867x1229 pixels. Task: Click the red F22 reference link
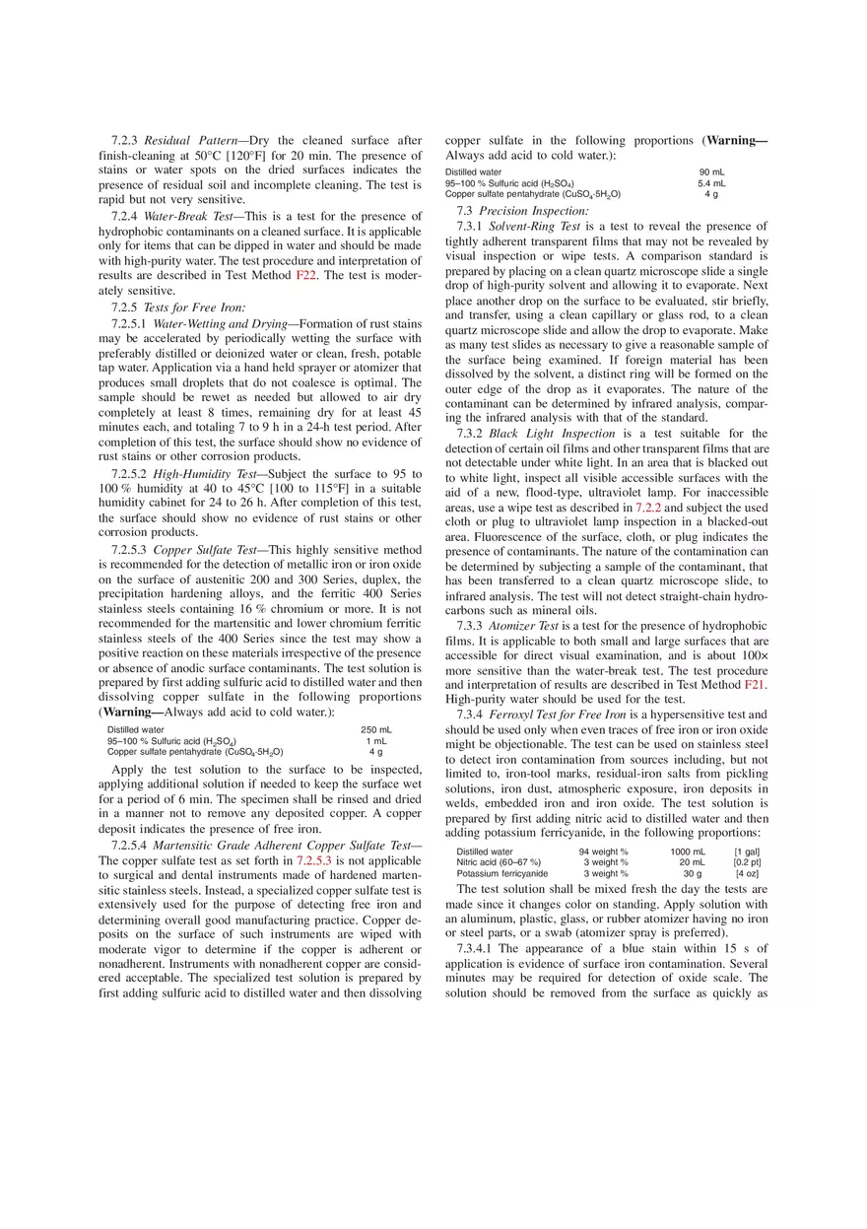[x=306, y=275]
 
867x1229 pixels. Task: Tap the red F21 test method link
[x=755, y=684]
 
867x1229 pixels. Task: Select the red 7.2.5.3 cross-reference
[x=314, y=860]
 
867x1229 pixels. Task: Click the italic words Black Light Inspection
[x=552, y=434]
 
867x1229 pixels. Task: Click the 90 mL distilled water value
[x=712, y=172]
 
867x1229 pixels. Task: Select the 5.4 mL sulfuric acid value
[x=711, y=183]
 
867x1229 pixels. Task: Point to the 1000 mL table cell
[x=688, y=852]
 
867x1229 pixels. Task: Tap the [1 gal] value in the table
[x=747, y=852]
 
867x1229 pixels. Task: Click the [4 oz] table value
[x=747, y=873]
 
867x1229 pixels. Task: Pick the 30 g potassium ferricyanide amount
[x=693, y=873]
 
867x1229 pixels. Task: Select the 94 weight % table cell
[x=604, y=852]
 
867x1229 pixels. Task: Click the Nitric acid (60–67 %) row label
[x=499, y=862]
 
